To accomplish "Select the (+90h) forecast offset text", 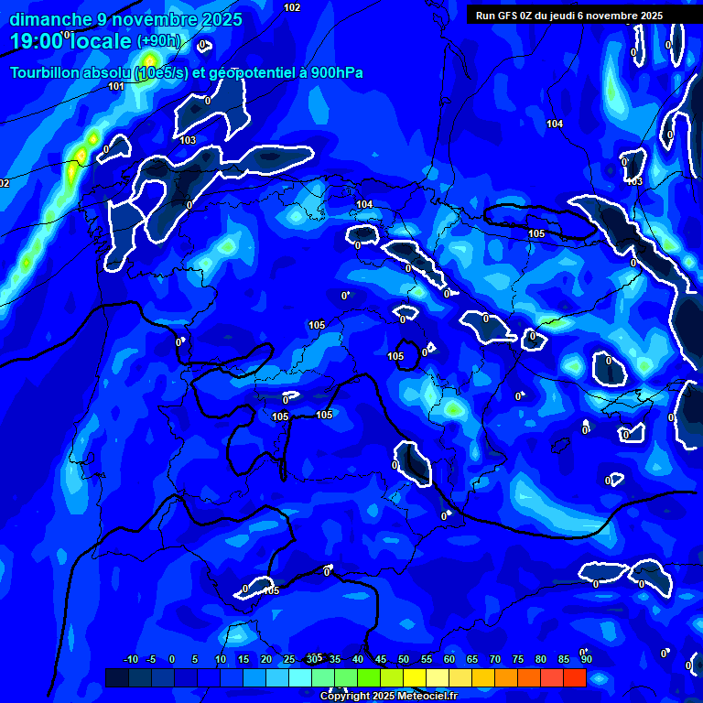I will pos(159,41).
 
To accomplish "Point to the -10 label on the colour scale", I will pos(130,659).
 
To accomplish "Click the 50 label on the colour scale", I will pos(404,659).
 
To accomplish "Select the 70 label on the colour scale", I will pos(495,659).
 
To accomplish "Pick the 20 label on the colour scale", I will pos(266,659).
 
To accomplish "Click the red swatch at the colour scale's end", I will pos(574,677).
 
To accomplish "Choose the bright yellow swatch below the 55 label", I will pos(415,677).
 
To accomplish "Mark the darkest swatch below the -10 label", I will pos(117,677).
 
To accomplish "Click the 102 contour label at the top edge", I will pos(292,7).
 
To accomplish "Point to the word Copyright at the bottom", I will pos(345,697).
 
